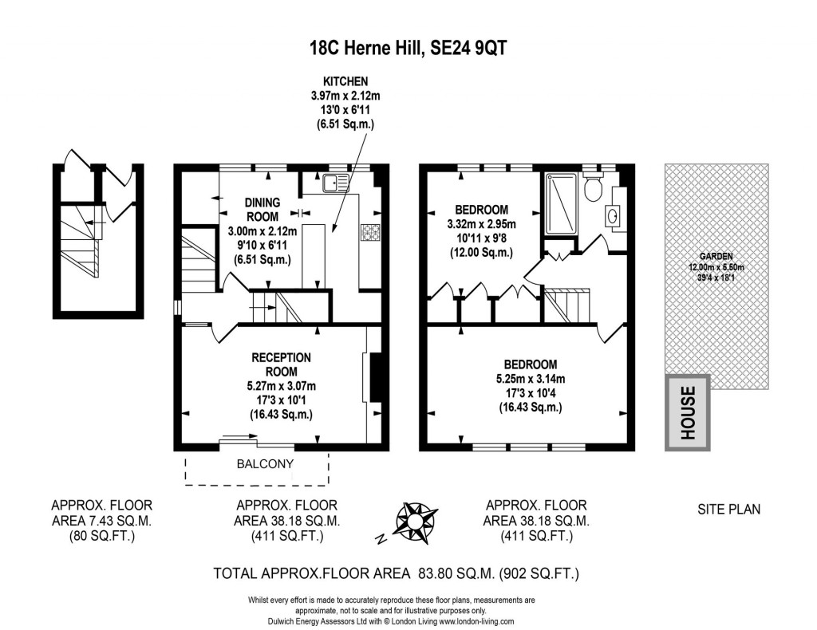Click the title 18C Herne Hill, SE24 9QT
pyautogui.click(x=408, y=48)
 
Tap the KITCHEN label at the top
pyautogui.click(x=344, y=81)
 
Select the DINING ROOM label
pyautogui.click(x=262, y=210)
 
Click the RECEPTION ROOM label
pyautogui.click(x=281, y=364)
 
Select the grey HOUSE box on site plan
pyautogui.click(x=688, y=412)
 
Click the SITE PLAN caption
pyautogui.click(x=728, y=509)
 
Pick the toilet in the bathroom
pyautogui.click(x=592, y=188)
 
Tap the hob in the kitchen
pyautogui.click(x=370, y=232)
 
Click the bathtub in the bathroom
pyautogui.click(x=556, y=204)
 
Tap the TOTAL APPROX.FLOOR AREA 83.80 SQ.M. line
pyautogui.click(x=397, y=573)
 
